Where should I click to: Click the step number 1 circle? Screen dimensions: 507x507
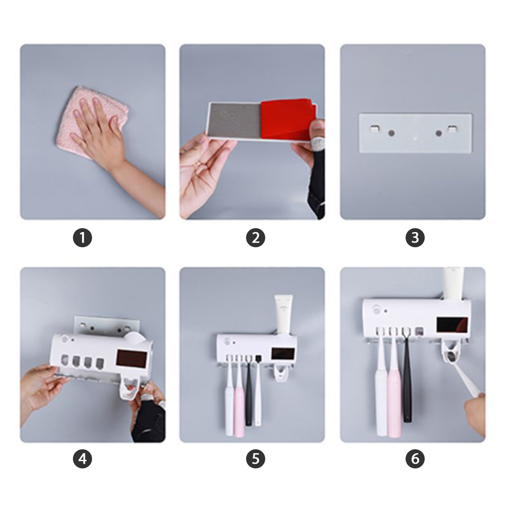(x=82, y=238)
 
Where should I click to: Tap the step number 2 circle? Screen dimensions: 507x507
(x=255, y=238)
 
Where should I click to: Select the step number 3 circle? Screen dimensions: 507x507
(x=415, y=238)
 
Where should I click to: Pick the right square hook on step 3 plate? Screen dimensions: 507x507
(x=452, y=129)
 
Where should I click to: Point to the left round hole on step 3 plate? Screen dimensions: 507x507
(x=391, y=133)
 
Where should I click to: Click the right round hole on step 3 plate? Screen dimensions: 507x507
(x=438, y=133)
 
